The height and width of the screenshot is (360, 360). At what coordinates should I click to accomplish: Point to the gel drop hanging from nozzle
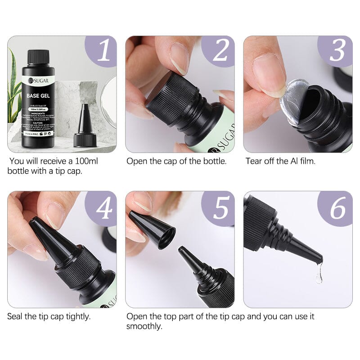coord(319,272)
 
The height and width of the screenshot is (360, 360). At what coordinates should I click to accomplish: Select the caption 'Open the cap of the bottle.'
coord(176,161)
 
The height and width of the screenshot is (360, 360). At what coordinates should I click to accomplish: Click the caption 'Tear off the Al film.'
coord(280,161)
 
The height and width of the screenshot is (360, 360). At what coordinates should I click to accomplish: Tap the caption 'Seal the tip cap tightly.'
coord(49,316)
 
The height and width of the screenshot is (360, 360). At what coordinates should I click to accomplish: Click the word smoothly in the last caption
coord(144,326)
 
